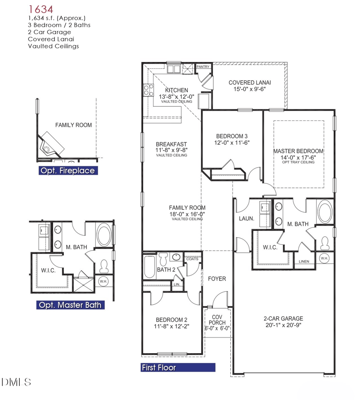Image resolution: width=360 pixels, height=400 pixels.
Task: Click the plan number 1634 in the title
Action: (41, 9)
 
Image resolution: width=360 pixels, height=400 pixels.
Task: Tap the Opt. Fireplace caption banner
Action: (67, 171)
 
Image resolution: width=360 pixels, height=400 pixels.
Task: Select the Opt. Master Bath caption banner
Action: (70, 305)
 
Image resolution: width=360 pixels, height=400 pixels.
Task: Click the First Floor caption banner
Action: (178, 367)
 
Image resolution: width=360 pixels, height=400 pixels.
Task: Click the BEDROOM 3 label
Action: (232, 136)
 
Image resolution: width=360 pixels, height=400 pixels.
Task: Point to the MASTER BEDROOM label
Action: (298, 151)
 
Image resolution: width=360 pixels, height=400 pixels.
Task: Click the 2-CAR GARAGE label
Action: (283, 318)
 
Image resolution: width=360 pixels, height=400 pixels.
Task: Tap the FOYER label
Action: (216, 279)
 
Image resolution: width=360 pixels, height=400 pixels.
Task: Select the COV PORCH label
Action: (218, 320)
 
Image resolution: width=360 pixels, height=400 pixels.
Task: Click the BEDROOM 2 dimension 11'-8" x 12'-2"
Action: (171, 326)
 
